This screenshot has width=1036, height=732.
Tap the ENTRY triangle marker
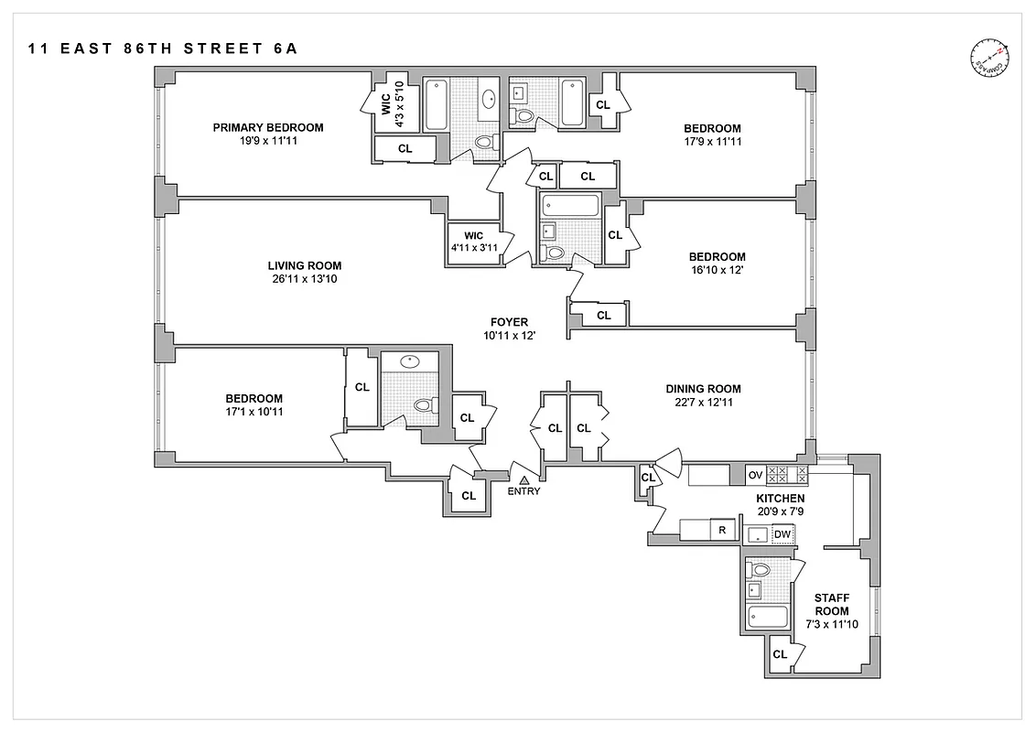click(524, 479)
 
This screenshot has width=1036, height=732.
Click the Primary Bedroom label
click(268, 127)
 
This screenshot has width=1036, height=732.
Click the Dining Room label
click(703, 388)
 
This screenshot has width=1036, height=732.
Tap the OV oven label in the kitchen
click(755, 474)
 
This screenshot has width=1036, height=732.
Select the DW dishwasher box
click(782, 534)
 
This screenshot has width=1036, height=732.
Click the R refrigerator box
click(722, 530)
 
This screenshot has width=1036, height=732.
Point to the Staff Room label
click(832, 604)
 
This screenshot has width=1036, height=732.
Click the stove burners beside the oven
click(787, 474)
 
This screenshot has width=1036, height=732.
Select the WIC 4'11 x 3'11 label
click(473, 242)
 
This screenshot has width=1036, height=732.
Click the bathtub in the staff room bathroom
click(767, 618)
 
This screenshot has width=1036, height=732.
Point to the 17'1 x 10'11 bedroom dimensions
click(254, 412)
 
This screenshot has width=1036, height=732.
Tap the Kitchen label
click(780, 498)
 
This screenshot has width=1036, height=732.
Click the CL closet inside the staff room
click(780, 654)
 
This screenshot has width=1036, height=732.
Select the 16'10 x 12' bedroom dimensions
click(717, 270)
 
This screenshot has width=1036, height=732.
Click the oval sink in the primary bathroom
click(491, 99)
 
